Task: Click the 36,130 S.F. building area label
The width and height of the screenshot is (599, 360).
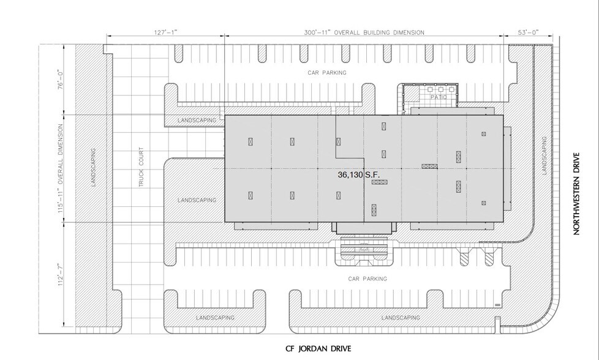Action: (359, 174)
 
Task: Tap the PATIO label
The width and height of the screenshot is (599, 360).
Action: (436, 97)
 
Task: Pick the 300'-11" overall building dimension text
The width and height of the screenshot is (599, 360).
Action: (364, 32)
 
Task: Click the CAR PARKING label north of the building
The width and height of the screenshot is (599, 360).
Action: (326, 72)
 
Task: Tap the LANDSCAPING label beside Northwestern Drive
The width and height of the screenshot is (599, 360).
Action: (544, 156)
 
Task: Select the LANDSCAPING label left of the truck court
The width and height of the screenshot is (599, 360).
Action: (94, 167)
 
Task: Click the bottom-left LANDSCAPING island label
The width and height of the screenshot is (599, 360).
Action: (215, 318)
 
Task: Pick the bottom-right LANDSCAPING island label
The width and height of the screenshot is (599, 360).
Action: (400, 318)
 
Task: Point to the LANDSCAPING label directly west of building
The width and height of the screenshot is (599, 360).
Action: (197, 200)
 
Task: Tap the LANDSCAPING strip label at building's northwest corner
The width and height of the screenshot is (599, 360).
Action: (197, 121)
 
